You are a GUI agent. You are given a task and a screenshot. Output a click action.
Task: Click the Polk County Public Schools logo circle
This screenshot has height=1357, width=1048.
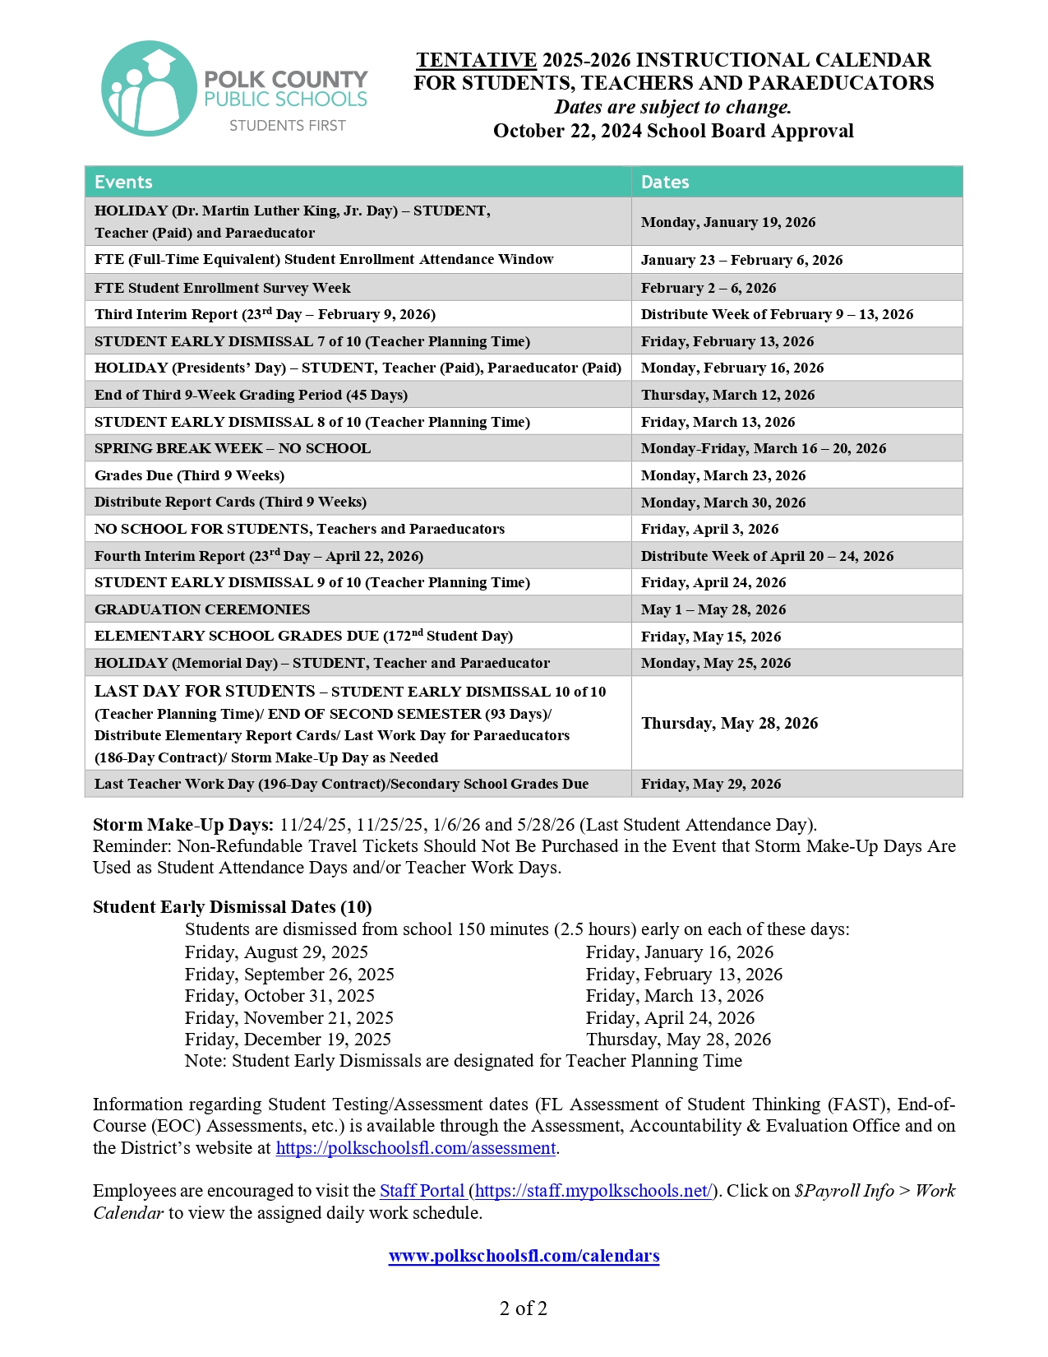[x=149, y=89]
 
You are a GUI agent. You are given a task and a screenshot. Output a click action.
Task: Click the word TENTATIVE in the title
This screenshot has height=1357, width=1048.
[x=476, y=60]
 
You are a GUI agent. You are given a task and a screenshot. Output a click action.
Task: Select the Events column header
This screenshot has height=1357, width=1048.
[x=123, y=182]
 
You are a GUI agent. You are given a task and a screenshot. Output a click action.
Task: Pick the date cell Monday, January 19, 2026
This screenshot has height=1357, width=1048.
[x=728, y=222]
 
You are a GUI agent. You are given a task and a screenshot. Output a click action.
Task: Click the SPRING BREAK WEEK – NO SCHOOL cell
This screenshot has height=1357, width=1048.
[x=233, y=448]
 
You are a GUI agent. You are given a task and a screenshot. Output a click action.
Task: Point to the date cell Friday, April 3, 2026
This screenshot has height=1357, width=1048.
[x=709, y=529]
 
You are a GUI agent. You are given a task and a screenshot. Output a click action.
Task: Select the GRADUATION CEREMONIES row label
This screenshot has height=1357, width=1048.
[x=202, y=609]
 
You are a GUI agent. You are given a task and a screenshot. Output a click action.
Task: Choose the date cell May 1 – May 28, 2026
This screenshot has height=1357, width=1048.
[x=713, y=609]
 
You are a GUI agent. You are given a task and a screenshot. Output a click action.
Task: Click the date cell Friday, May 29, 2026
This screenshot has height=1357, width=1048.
[x=711, y=784]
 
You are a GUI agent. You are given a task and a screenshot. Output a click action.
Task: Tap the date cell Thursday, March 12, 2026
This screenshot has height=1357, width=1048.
[x=727, y=395]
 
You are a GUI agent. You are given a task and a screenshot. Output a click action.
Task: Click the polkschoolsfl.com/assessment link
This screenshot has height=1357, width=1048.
[x=416, y=1148]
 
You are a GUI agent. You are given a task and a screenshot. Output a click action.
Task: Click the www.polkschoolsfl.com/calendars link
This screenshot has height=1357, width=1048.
[x=524, y=1256]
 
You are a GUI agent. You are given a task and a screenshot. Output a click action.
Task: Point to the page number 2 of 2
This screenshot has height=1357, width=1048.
[x=524, y=1308]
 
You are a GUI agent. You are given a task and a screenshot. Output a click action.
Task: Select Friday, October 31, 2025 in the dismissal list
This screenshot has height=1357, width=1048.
[x=279, y=996]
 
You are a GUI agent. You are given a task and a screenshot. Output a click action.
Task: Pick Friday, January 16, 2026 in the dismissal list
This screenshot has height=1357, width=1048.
[x=679, y=952]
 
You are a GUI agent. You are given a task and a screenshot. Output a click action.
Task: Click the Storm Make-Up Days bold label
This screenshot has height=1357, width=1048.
[x=183, y=825]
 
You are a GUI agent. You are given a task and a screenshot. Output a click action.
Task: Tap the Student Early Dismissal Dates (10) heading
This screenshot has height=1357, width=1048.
[x=232, y=907]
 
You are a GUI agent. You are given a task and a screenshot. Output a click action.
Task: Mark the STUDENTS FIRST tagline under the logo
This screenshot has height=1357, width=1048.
[x=287, y=126]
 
